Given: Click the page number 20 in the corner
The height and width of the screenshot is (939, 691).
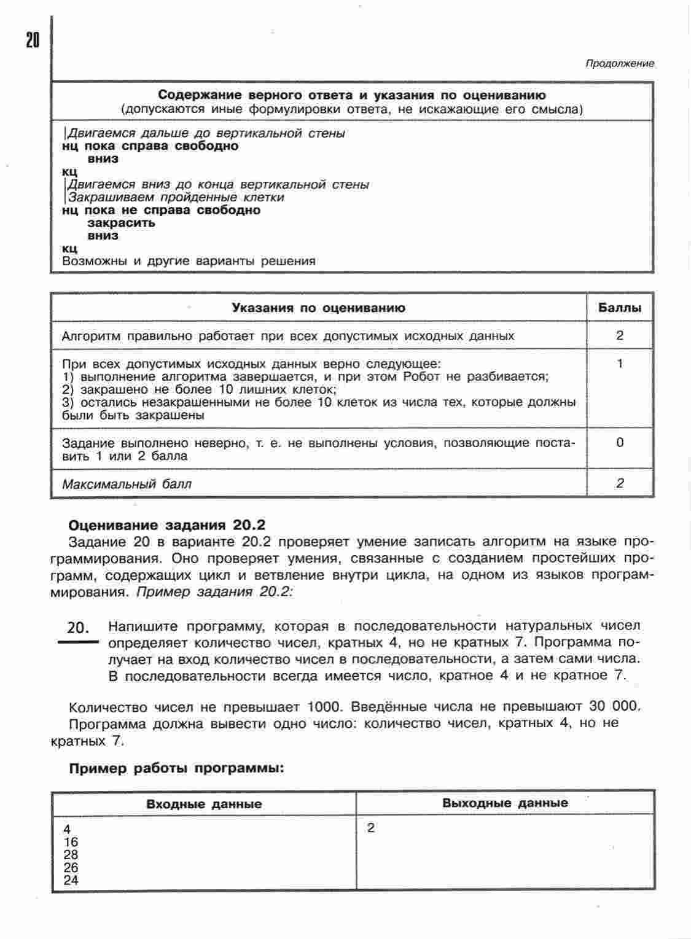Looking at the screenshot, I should (33, 40).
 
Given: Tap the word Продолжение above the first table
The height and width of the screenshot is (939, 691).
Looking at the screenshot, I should (619, 63).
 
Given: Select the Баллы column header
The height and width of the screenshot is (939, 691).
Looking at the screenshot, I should (619, 308).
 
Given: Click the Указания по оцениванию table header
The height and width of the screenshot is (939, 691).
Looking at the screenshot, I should (318, 308).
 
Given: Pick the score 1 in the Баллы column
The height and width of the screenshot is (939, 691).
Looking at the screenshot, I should (620, 364).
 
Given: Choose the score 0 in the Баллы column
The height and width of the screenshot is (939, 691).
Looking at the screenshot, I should (620, 442).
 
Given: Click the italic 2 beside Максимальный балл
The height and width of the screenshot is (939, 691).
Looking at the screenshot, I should (620, 483).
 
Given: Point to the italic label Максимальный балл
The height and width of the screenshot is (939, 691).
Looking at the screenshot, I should (127, 484).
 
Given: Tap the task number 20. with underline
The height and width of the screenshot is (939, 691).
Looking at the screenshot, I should (78, 628).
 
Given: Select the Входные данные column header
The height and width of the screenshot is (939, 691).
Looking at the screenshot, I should (204, 804).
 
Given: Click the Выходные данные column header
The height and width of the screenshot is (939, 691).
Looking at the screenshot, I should (505, 803).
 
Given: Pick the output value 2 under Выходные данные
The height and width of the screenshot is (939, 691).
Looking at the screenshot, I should (371, 828).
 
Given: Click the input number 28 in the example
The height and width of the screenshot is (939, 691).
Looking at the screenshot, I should (71, 855).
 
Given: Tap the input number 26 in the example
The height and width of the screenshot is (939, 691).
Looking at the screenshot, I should (71, 868).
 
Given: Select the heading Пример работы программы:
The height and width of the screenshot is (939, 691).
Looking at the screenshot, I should (176, 768).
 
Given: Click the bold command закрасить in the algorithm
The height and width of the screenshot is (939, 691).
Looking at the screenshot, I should (121, 223).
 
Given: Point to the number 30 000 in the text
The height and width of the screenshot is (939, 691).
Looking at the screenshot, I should (614, 706).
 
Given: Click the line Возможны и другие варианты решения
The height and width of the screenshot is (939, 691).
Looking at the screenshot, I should (189, 261).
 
